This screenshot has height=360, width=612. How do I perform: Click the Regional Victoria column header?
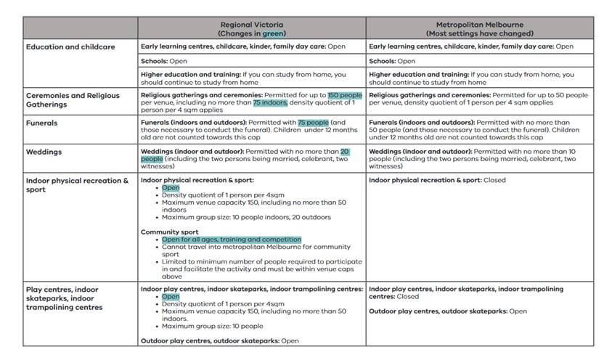(252, 28)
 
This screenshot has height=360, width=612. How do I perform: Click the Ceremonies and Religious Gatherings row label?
(73, 99)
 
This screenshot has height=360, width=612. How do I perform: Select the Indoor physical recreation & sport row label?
(77, 184)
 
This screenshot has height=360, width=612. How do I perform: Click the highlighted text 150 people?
(344, 95)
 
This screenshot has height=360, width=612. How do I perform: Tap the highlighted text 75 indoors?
(270, 103)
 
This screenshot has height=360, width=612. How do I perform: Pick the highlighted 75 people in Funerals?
(313, 123)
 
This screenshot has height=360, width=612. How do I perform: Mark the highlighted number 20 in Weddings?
(346, 151)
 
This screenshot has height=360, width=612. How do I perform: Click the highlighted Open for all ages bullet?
(231, 240)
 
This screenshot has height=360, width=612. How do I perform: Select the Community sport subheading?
(169, 232)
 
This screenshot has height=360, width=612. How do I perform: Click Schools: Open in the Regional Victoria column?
(164, 62)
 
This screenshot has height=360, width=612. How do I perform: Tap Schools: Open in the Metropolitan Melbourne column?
(392, 62)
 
